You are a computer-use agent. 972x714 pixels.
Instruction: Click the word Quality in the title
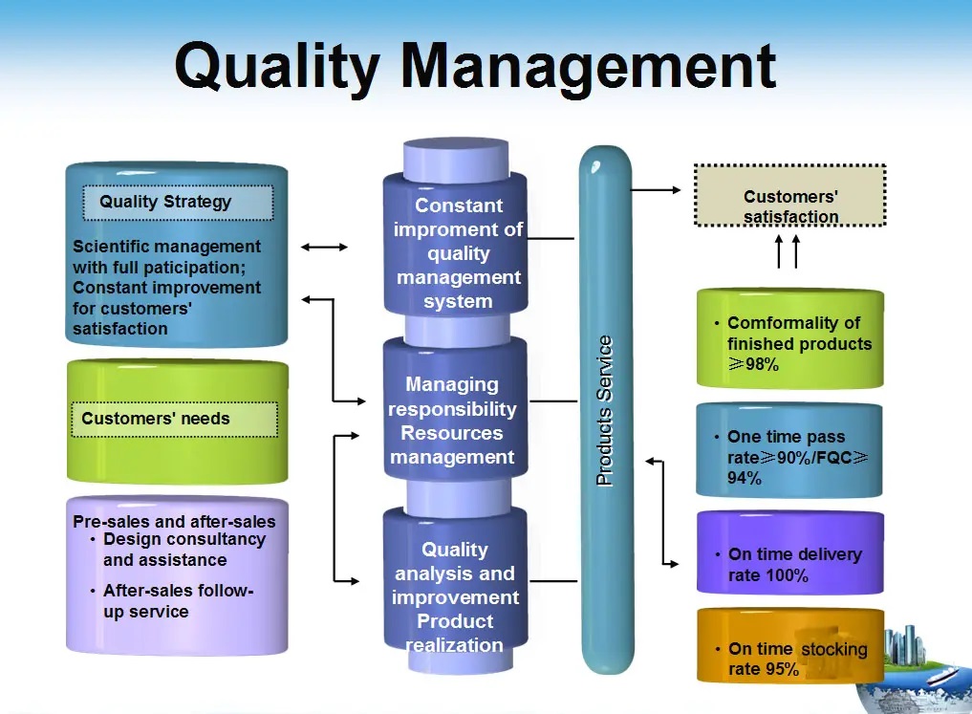click(x=276, y=68)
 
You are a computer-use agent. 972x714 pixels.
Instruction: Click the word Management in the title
click(x=589, y=68)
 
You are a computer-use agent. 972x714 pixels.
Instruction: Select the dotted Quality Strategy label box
click(x=178, y=202)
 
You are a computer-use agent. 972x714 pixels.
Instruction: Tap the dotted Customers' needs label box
click(x=175, y=419)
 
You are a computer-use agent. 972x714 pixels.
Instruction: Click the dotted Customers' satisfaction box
click(x=789, y=195)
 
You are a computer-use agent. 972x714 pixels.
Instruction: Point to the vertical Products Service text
click(x=604, y=410)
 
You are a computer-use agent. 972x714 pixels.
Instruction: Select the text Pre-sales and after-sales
click(x=174, y=521)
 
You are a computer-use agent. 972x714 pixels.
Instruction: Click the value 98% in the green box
click(x=762, y=364)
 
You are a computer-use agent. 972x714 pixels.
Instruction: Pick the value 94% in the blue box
click(x=745, y=478)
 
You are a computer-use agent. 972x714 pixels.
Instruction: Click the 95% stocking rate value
click(x=781, y=669)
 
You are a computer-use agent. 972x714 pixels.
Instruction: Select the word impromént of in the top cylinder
click(x=458, y=229)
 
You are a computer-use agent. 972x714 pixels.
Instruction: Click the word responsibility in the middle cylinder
click(x=452, y=409)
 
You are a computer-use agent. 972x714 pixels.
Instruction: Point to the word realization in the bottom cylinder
click(x=454, y=645)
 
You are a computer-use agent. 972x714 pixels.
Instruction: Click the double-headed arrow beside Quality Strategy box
click(x=324, y=248)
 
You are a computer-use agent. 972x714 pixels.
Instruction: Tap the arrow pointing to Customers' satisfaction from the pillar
click(x=656, y=189)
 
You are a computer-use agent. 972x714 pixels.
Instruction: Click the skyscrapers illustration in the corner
click(x=905, y=648)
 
